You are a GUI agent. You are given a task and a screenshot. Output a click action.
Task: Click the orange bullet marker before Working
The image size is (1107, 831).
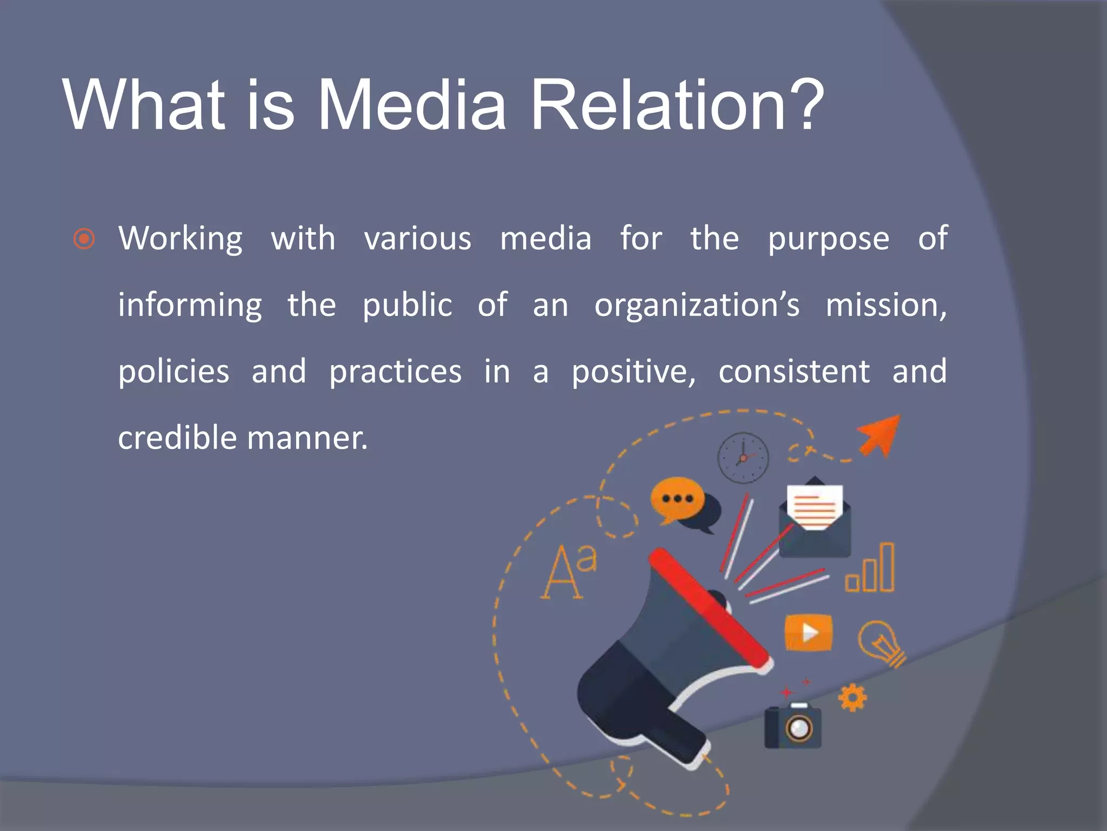(x=84, y=239)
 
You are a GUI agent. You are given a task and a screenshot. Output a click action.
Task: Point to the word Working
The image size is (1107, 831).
(x=181, y=239)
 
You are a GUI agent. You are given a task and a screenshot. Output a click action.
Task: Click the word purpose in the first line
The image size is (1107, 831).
(x=828, y=239)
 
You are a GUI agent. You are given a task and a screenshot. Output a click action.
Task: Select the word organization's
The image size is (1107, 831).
(x=697, y=305)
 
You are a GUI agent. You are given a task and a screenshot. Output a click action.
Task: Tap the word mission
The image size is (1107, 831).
(x=885, y=305)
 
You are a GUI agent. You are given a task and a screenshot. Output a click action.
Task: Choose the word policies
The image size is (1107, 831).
(x=174, y=372)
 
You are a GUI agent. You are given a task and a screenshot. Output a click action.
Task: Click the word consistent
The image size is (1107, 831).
(x=794, y=372)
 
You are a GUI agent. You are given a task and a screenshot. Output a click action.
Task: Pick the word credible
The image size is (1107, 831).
(x=177, y=438)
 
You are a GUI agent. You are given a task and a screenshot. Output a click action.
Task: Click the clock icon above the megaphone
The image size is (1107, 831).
(x=743, y=458)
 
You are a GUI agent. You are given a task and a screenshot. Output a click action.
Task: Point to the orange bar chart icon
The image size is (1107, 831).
(x=870, y=569)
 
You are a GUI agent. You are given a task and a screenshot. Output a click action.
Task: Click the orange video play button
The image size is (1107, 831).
(x=808, y=632)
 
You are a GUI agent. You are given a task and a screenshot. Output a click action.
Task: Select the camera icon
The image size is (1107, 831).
(x=793, y=726)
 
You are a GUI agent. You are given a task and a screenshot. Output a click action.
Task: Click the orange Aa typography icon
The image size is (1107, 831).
(x=568, y=572)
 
